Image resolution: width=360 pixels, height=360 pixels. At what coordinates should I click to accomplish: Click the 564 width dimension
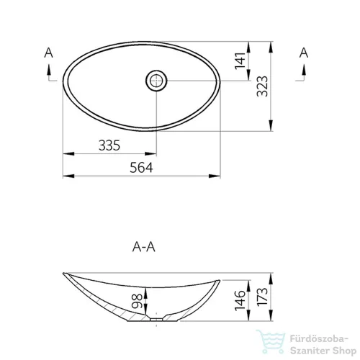[141, 168]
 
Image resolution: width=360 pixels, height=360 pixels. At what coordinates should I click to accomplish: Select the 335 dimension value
[109, 145]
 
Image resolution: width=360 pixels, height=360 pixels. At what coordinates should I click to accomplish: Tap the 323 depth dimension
[262, 86]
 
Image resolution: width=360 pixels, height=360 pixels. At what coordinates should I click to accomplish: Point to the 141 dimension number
[240, 60]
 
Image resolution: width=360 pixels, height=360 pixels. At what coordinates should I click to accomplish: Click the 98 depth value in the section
[137, 301]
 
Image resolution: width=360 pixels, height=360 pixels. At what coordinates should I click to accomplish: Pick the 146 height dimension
[240, 300]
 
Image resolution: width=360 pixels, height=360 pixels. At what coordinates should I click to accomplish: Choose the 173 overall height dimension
[262, 297]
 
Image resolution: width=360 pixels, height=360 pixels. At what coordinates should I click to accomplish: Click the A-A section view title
[144, 247]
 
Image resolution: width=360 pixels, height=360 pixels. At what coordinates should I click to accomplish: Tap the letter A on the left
[48, 53]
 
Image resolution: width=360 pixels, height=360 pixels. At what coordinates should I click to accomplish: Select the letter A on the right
[304, 53]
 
